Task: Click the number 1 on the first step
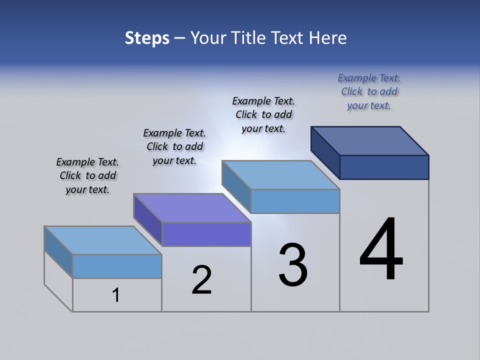pos(116,295)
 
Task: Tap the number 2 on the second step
pos(201,280)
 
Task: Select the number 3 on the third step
pos(293,265)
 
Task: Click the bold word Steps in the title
pos(147,38)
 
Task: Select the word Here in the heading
pos(328,38)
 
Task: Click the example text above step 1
pos(87,176)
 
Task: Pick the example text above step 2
pos(174,147)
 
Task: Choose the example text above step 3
pos(263,115)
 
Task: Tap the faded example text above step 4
pos(369,92)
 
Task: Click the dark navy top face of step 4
pos(370,140)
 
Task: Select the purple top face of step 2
pos(192,207)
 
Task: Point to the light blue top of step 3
pos(281,175)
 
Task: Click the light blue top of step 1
pos(103,240)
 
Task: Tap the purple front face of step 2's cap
pos(206,234)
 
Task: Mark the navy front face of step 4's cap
pos(384,167)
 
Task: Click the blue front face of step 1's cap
pos(117,266)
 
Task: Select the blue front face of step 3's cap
pos(295,201)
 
